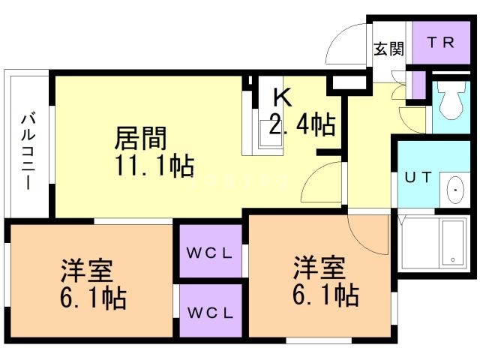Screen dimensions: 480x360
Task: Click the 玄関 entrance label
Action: (x=388, y=49)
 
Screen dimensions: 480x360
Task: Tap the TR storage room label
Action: (x=441, y=43)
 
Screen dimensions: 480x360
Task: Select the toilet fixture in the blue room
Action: (x=451, y=100)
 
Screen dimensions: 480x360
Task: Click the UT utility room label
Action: (x=418, y=178)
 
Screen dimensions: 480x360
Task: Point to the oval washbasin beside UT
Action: (x=455, y=190)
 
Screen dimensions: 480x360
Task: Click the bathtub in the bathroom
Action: (x=452, y=243)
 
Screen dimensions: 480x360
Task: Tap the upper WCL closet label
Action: (x=210, y=253)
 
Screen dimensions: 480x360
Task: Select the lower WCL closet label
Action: (x=210, y=313)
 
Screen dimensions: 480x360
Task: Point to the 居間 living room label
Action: (x=141, y=138)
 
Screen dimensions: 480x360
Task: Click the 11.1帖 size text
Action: (x=155, y=166)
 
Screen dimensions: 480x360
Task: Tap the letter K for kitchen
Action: (x=282, y=97)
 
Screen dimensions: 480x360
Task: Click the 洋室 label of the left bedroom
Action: (x=88, y=271)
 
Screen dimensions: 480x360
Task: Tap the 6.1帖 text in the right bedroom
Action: (x=326, y=295)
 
